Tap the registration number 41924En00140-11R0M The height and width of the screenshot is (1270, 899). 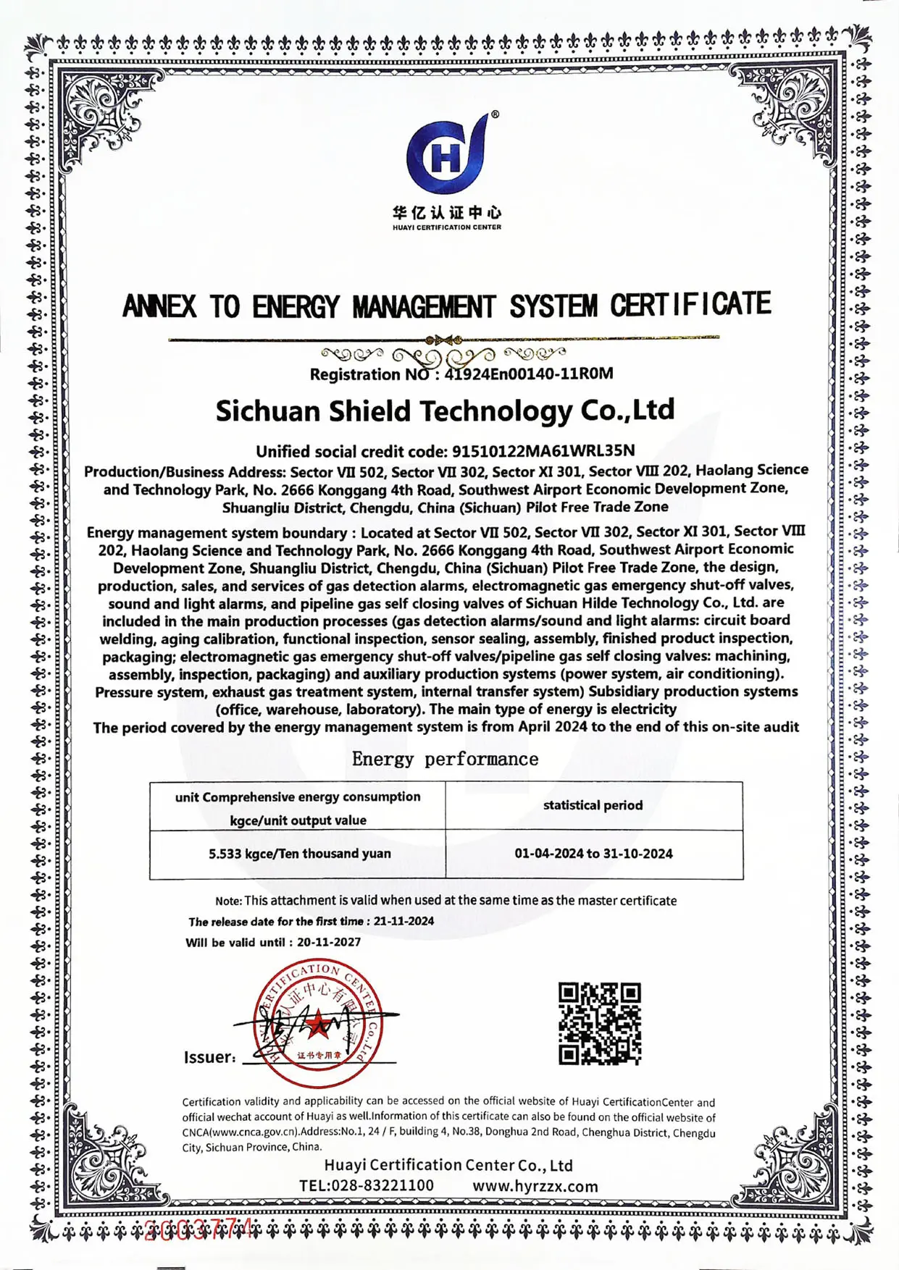coord(529,374)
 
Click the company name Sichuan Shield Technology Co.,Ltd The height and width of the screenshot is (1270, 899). coord(445,411)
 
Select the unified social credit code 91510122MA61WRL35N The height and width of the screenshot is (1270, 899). coord(543,451)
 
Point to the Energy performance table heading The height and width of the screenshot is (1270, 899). coord(445,759)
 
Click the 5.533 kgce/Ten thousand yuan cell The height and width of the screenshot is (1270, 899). coord(299,854)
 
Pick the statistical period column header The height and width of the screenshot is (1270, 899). coord(593,805)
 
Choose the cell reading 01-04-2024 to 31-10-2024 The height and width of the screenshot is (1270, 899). coord(593,854)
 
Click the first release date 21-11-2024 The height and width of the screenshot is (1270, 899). coord(403,921)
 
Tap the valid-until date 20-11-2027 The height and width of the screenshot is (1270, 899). coord(328,942)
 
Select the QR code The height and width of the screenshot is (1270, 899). coord(600,1023)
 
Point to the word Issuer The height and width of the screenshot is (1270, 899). coord(209,1057)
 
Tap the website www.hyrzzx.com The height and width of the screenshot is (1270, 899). coord(535,1186)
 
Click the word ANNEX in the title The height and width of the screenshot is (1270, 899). coord(159,306)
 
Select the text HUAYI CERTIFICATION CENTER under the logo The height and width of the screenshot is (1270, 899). coord(446,227)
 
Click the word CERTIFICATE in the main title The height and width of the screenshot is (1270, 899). coord(690,305)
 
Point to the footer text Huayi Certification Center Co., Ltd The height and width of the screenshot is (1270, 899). coord(448,1165)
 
